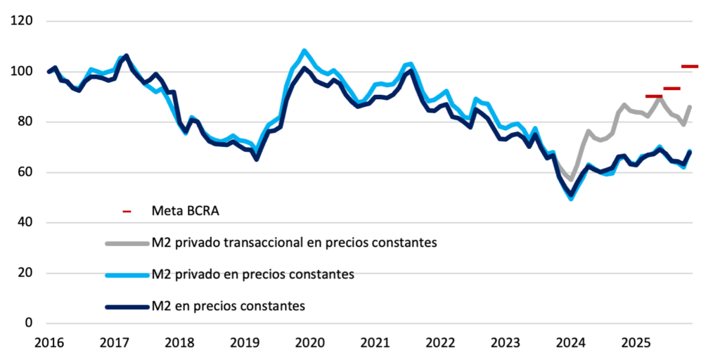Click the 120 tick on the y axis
[24, 21]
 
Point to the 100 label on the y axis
[24, 72]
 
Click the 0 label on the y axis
[30, 323]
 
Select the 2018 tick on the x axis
[179, 343]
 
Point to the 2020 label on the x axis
[309, 343]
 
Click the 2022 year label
[440, 343]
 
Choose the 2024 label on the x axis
[571, 343]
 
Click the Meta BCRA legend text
[181, 210]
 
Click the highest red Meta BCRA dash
[690, 66]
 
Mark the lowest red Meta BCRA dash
[653, 96]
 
